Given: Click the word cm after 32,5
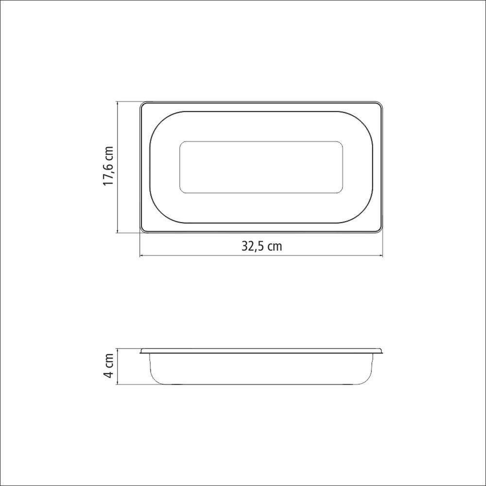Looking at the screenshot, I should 275,246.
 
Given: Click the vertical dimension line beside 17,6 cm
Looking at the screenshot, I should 118,167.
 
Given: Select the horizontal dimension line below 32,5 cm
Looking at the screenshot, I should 261,256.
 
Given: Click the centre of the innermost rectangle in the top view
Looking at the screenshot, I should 261,167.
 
